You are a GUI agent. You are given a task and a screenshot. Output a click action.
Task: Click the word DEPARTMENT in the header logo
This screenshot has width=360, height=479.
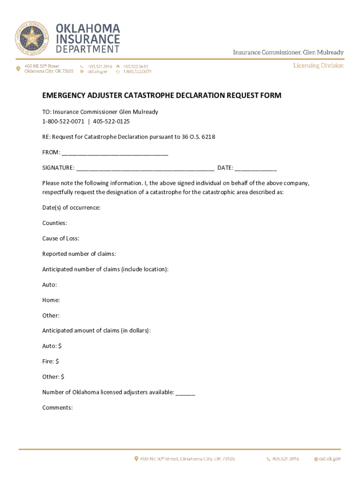point(88,49)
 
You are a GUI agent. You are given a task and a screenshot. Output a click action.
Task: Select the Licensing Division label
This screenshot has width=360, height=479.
point(318,65)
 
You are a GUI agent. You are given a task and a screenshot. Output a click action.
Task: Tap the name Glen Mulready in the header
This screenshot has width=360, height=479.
point(324,52)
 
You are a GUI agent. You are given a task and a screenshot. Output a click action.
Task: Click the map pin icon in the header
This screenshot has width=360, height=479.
point(18,69)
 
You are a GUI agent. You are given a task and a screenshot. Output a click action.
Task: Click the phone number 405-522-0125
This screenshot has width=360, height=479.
point(111,122)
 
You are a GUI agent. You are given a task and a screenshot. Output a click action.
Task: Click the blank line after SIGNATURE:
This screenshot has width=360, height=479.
point(145,168)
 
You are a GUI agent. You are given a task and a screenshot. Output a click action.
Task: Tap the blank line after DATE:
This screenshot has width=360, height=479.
point(255,168)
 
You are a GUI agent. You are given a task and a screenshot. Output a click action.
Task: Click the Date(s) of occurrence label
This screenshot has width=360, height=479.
point(71,208)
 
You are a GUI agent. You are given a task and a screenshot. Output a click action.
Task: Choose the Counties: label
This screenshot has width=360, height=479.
point(54,223)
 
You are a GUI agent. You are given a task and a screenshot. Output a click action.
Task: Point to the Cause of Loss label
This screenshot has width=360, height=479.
point(60,239)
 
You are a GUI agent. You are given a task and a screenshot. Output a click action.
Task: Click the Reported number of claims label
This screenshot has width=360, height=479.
point(79,254)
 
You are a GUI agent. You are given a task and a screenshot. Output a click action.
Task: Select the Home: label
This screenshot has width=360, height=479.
point(51,300)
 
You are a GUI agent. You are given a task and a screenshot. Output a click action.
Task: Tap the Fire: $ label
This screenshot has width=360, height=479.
point(50,362)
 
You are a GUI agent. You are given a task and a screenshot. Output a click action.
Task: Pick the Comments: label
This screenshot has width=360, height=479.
point(58,408)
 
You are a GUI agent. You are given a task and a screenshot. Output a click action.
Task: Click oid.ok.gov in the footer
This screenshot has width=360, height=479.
point(330,459)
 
